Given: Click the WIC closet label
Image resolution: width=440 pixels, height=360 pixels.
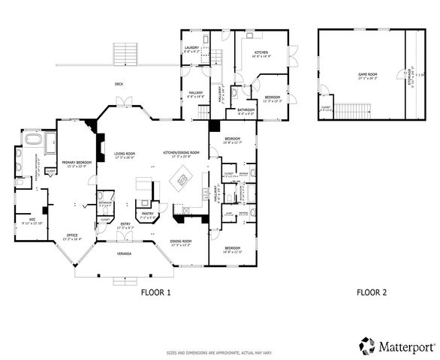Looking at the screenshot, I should [x=27, y=220].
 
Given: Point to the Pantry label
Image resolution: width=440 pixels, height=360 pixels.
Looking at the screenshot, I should [x=148, y=214].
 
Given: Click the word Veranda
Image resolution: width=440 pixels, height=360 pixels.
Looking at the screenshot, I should [x=124, y=254].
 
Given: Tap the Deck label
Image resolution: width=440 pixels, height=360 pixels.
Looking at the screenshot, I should [x=119, y=84].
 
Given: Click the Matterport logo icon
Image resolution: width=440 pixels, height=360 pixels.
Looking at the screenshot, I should [x=367, y=346].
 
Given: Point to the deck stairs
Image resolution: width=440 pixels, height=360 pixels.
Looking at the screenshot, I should [x=124, y=54].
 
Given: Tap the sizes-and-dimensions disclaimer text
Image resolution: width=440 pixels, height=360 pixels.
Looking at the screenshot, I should [x=219, y=351].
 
